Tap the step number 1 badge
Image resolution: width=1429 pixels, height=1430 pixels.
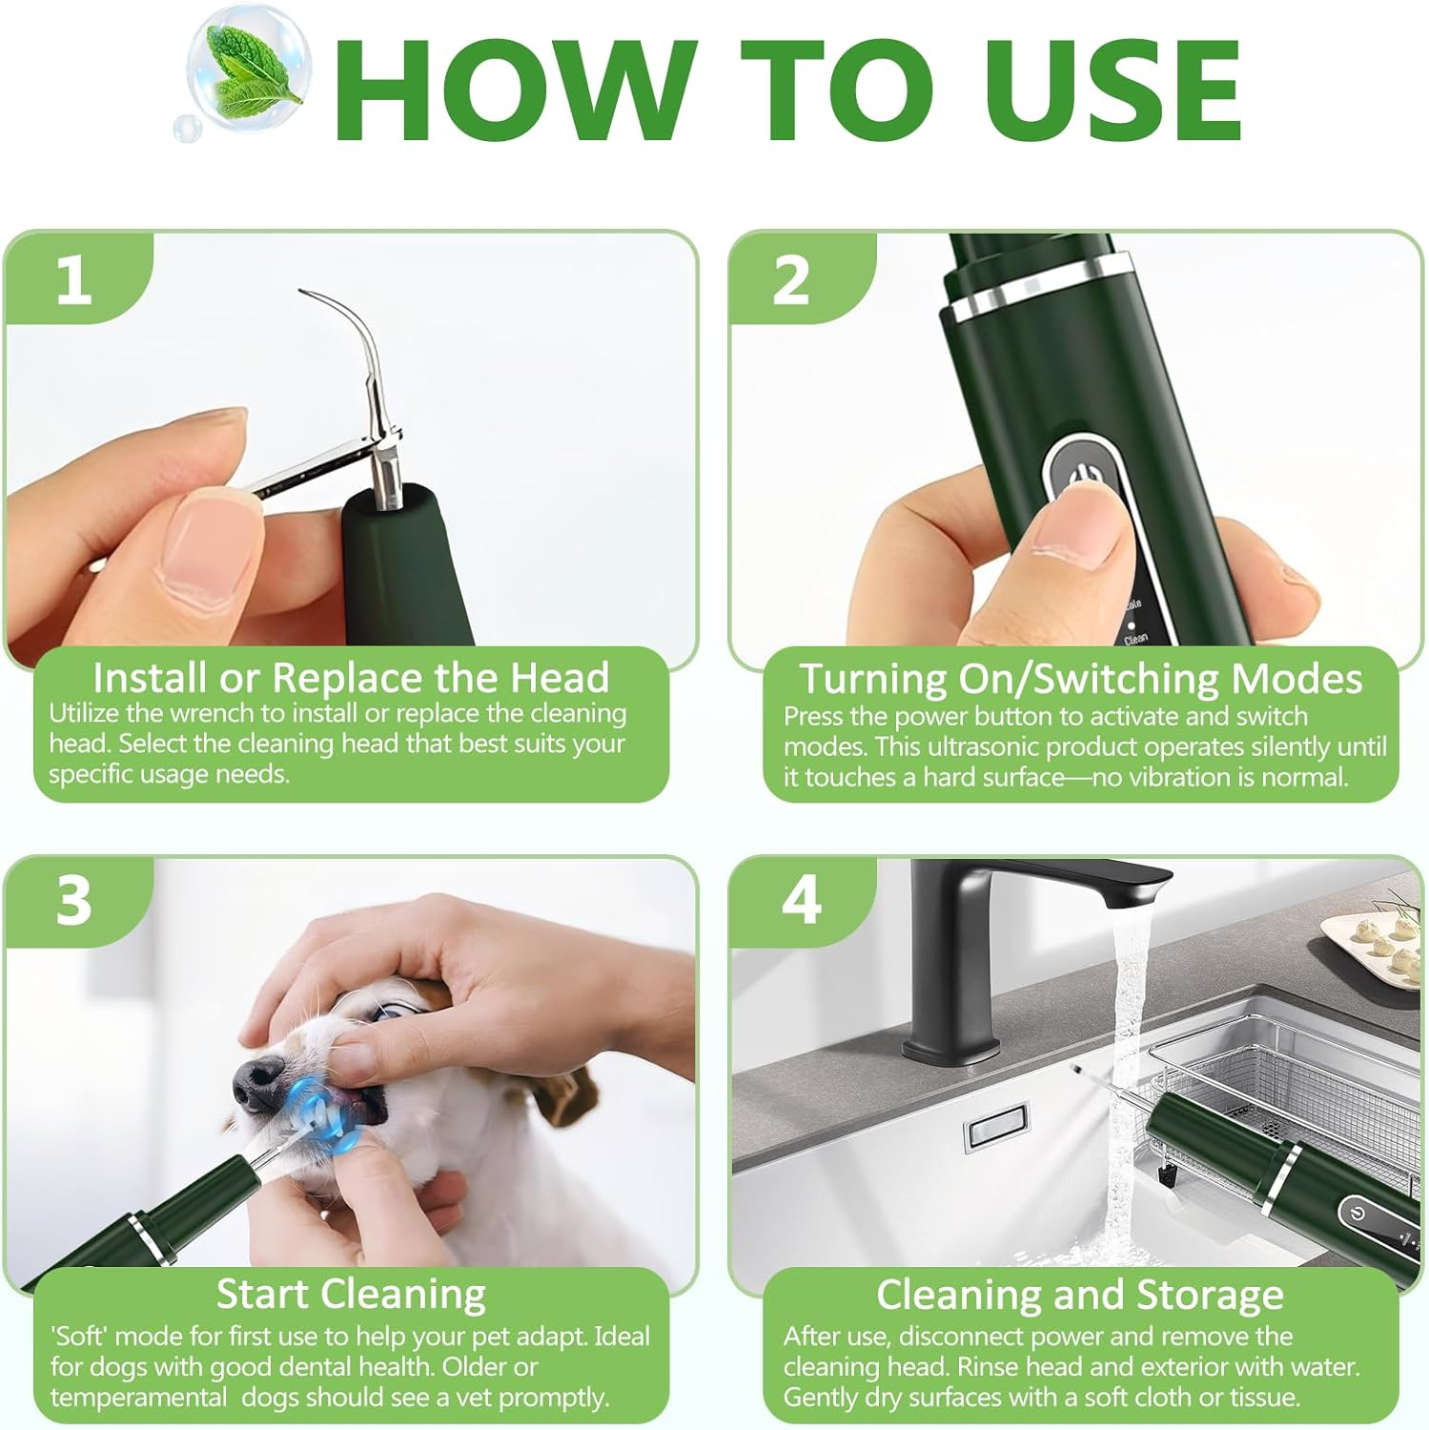point(73,280)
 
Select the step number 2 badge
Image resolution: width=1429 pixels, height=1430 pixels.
point(791,280)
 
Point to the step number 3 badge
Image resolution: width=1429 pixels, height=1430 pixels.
point(73,901)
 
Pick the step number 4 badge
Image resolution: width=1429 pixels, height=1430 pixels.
point(801,900)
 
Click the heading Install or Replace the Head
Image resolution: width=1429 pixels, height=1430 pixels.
point(351,678)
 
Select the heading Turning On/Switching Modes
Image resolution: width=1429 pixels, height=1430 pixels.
point(1080,678)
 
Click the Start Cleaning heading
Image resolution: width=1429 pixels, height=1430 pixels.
point(351,1294)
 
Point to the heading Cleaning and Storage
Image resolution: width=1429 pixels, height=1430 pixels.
point(1079,1295)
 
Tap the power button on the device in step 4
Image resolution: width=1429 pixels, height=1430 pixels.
point(1358,1215)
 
